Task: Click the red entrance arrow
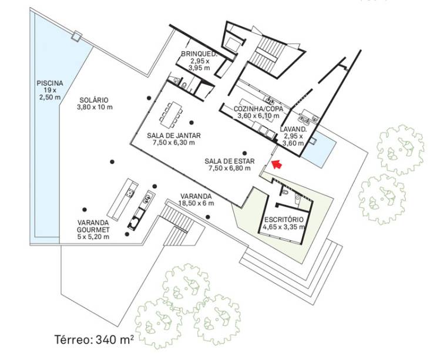tap(277, 164)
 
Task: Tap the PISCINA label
tap(50, 83)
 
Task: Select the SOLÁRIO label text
tap(94, 100)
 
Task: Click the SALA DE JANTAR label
tap(174, 136)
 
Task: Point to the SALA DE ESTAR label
tap(230, 162)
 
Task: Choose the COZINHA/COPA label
tap(258, 109)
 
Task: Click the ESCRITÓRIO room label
tap(284, 220)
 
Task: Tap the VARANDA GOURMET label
tap(93, 226)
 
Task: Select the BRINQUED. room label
tap(199, 54)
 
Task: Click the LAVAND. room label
tap(293, 130)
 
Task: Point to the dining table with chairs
tap(171, 113)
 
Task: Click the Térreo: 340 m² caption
tap(94, 339)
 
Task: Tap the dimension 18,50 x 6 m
tap(197, 203)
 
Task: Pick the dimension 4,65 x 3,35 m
tap(284, 227)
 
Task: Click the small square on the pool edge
tap(76, 36)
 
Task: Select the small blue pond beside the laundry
tap(321, 149)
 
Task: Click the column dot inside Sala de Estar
tap(245, 153)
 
